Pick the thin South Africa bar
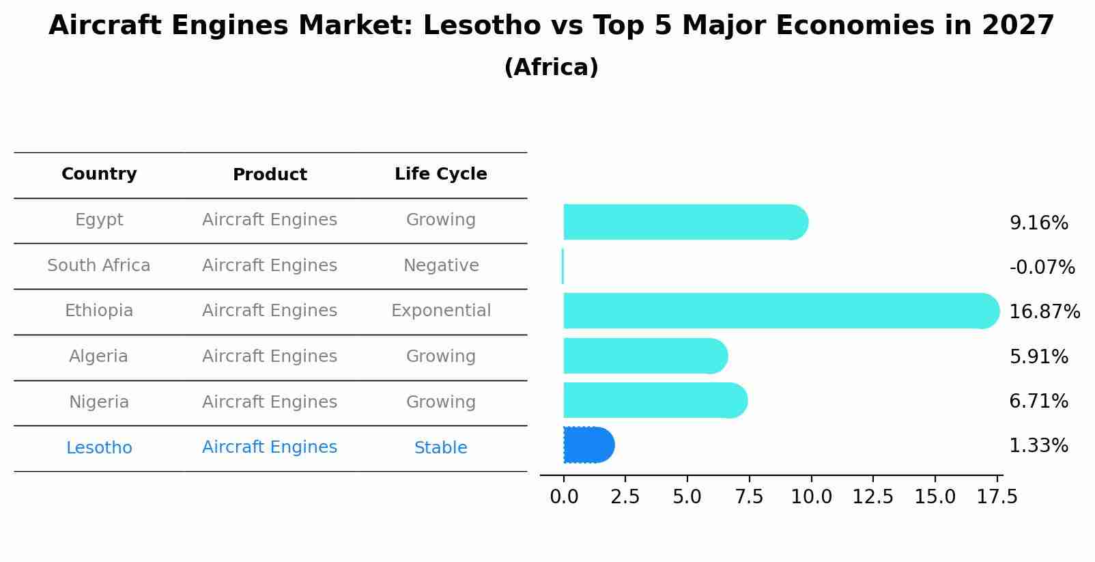pyautogui.click(x=563, y=266)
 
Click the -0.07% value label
pyautogui.click(x=1042, y=268)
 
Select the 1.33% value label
pyautogui.click(x=1038, y=446)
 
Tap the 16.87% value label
pyautogui.click(x=1044, y=312)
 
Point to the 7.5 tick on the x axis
pyautogui.click(x=749, y=497)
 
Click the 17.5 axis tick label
pyautogui.click(x=997, y=497)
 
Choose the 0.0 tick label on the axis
pyautogui.click(x=564, y=497)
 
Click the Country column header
pyautogui.click(x=99, y=174)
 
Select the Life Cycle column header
pyautogui.click(x=441, y=174)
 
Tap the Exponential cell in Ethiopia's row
pyautogui.click(x=441, y=311)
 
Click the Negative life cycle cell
pyautogui.click(x=441, y=266)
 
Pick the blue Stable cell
pyautogui.click(x=441, y=448)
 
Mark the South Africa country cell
pyautogui.click(x=99, y=266)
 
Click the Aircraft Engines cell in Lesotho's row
pyautogui.click(x=270, y=447)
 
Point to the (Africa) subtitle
pyautogui.click(x=551, y=68)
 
